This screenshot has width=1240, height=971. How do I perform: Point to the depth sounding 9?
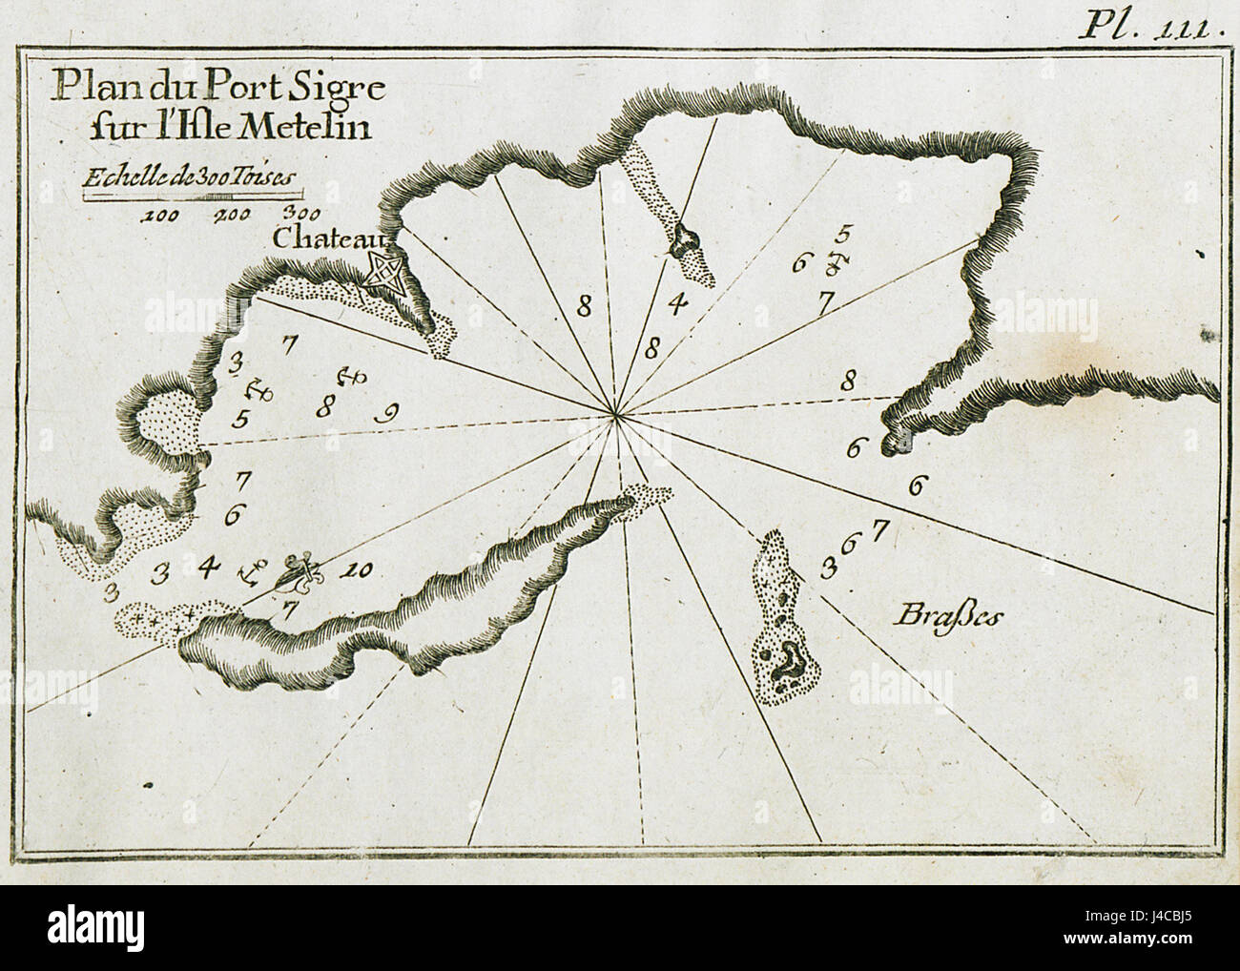(387, 414)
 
